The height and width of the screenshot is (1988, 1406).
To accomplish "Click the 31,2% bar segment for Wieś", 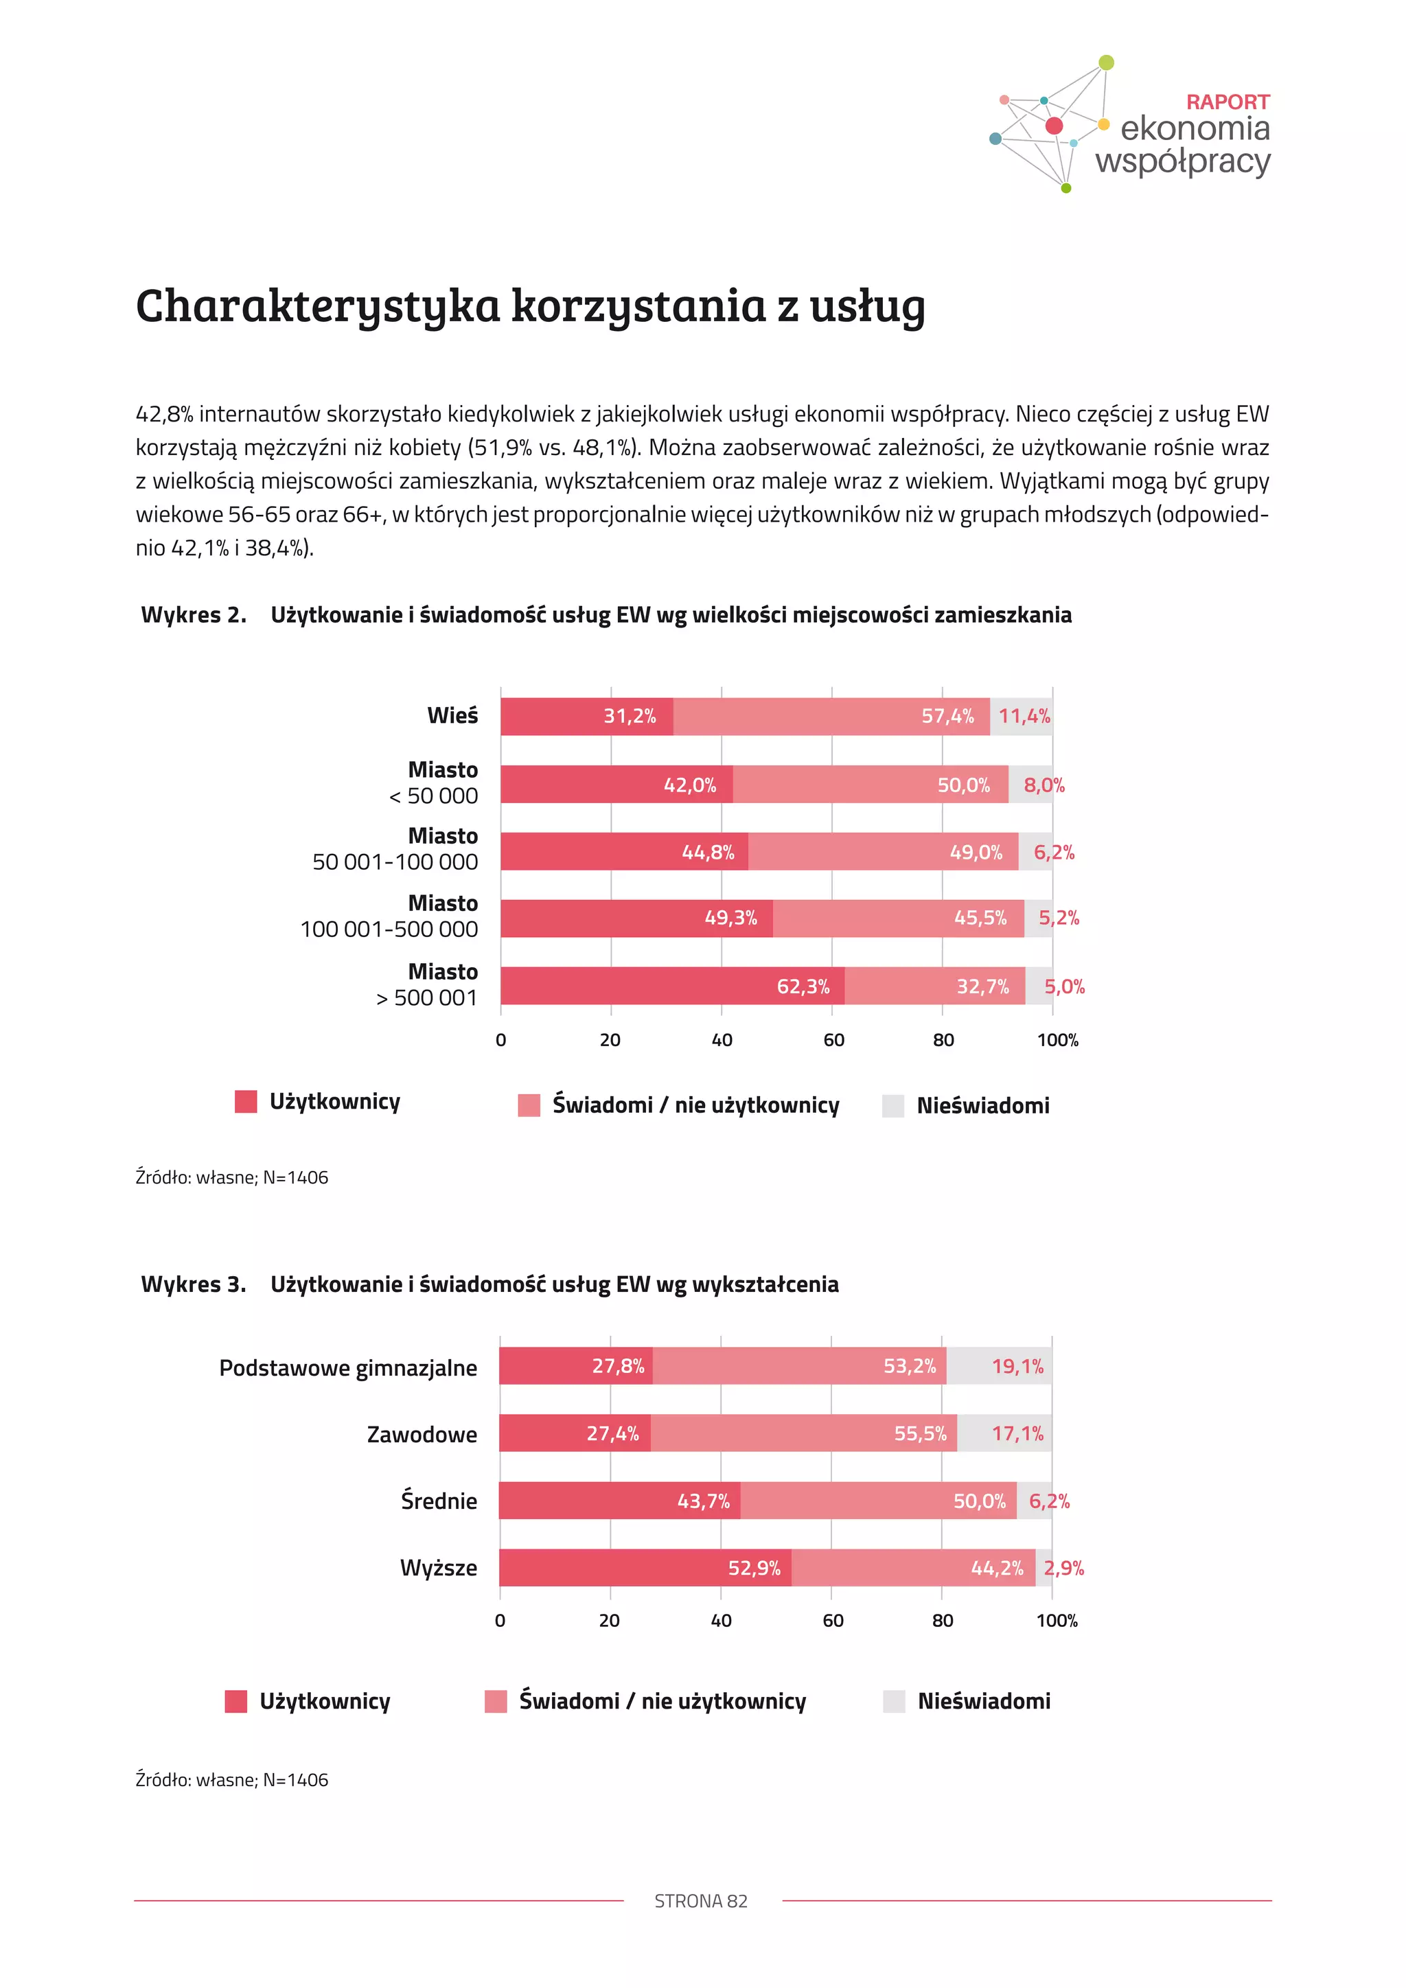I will click(586, 717).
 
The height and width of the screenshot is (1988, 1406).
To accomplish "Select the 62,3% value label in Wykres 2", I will click(803, 986).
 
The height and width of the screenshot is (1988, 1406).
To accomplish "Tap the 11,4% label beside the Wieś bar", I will click(1024, 716).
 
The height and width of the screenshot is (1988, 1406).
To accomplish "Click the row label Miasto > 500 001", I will click(428, 984).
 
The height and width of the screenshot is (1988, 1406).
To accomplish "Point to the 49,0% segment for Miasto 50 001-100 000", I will click(883, 852).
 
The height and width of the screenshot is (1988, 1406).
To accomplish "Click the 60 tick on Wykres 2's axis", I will click(833, 1040).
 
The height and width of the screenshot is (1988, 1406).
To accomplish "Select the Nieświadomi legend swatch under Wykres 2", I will click(892, 1106).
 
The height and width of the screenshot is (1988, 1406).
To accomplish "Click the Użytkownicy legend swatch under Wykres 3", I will click(235, 1702).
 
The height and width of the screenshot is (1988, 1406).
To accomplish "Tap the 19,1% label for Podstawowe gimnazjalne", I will click(1017, 1366).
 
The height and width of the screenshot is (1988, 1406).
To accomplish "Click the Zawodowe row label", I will click(422, 1435).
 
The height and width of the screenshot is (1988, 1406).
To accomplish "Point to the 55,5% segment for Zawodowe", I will click(803, 1434).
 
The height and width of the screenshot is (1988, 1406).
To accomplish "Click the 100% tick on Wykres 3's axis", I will click(1057, 1621).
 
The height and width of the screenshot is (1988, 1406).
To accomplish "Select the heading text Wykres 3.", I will click(194, 1284).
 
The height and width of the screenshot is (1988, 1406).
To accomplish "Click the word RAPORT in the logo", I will click(1227, 102).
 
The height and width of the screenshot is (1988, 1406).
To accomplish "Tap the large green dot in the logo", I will click(1105, 62).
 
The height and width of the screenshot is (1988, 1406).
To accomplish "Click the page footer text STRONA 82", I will click(700, 1902).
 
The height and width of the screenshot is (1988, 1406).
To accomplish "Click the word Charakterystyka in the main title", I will click(318, 307).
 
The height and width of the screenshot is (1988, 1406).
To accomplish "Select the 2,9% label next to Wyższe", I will click(1063, 1568).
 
